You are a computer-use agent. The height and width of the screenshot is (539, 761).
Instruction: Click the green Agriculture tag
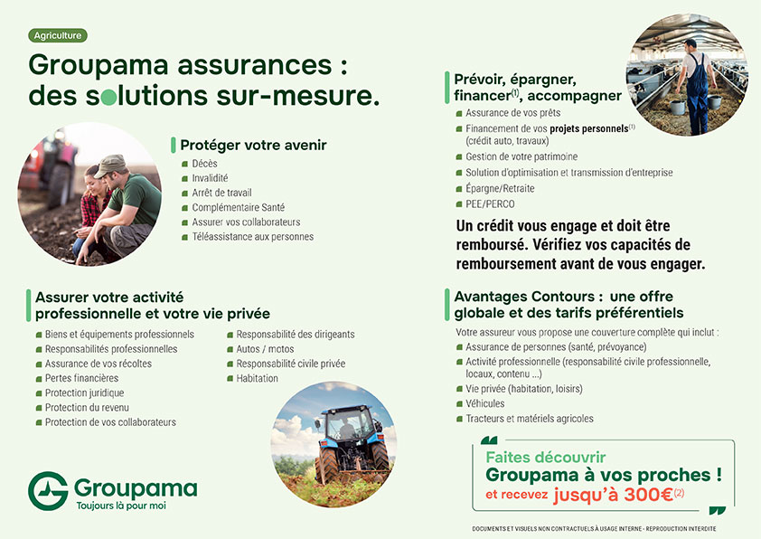click(x=58, y=35)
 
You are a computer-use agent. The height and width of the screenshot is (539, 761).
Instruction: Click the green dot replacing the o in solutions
click(x=109, y=97)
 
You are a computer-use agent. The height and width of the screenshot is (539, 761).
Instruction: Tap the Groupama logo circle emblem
click(x=48, y=491)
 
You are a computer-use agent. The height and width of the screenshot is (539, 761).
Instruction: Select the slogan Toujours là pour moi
click(x=121, y=506)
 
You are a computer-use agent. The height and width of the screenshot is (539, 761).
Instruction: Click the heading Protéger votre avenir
click(x=253, y=146)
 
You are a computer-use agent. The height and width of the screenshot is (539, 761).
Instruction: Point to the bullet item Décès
click(x=204, y=164)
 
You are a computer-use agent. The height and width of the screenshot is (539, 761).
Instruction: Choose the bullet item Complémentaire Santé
click(x=239, y=207)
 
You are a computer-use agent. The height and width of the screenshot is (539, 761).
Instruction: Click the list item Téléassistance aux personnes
click(x=253, y=237)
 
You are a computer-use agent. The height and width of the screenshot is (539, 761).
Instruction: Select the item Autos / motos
click(x=265, y=349)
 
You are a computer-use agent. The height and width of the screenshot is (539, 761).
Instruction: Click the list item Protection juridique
click(x=84, y=392)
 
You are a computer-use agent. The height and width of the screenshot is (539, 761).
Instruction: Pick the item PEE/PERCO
click(x=490, y=204)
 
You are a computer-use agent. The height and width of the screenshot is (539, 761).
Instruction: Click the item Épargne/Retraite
click(x=500, y=188)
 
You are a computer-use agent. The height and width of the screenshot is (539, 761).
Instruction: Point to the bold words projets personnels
click(x=589, y=128)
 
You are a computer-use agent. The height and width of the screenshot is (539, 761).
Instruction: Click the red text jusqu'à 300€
click(x=613, y=495)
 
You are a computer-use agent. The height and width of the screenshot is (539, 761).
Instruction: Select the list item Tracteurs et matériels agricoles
click(x=530, y=419)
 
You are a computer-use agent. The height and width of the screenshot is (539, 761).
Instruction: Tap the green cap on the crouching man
click(x=110, y=165)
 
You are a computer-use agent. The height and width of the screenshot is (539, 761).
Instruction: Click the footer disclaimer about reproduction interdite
click(x=594, y=528)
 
